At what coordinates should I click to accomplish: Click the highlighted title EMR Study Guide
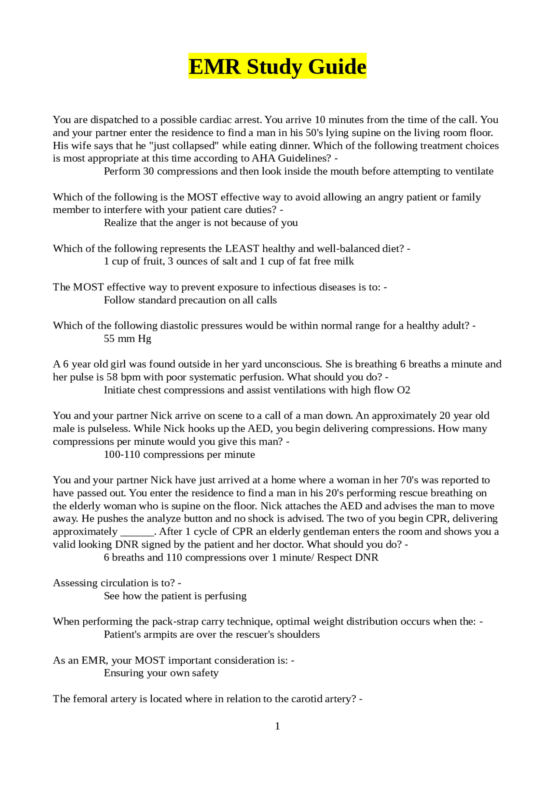[277, 66]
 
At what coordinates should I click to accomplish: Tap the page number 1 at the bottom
[277, 726]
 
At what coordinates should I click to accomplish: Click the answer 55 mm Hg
[127, 339]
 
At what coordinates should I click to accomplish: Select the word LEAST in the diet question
[242, 248]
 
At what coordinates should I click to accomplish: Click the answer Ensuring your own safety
[161, 673]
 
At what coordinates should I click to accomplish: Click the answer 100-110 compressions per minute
[179, 454]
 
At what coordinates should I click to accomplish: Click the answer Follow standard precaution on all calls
[190, 300]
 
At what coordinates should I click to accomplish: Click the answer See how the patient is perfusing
[175, 596]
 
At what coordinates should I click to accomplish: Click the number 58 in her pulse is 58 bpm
[112, 377]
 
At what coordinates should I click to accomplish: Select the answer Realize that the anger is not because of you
[200, 223]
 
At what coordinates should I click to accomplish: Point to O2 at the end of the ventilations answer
[403, 390]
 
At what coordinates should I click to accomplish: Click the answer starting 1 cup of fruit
[229, 261]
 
